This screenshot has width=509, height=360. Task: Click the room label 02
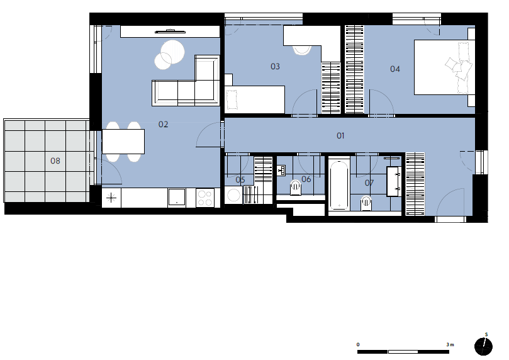click(164, 125)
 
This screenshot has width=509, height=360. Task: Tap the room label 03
click(276, 67)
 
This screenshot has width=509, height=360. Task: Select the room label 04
click(395, 69)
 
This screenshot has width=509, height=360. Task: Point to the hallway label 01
click(340, 136)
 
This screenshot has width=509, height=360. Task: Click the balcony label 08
click(55, 160)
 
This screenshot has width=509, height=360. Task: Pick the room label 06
click(306, 179)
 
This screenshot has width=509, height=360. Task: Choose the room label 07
click(369, 183)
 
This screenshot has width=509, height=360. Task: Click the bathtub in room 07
click(339, 184)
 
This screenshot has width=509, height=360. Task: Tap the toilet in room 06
click(296, 188)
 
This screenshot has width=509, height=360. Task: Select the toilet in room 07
click(366, 203)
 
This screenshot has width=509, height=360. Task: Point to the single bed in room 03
click(255, 99)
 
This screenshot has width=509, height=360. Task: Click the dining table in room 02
click(123, 142)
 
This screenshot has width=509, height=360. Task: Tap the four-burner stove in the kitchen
click(205, 198)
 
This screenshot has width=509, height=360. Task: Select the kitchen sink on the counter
click(177, 197)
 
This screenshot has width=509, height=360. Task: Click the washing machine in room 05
click(233, 195)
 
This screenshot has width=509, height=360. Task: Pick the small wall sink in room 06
click(281, 171)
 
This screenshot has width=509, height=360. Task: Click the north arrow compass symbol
click(483, 346)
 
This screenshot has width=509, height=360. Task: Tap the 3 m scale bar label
click(450, 344)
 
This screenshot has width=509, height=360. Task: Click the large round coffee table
click(172, 52)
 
